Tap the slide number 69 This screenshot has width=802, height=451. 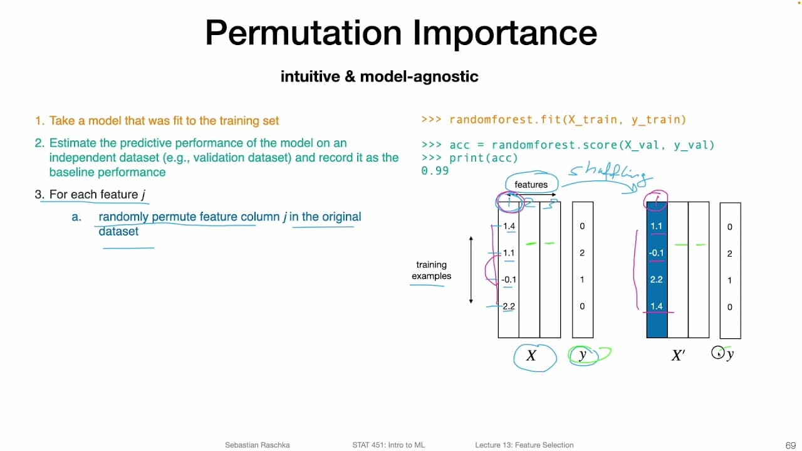789,445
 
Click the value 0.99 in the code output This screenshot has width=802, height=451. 435,170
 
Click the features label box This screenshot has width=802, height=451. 531,184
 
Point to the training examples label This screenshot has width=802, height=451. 431,271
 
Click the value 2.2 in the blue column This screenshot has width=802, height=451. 656,279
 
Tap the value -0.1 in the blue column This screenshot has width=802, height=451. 656,253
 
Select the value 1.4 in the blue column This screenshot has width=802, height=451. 656,306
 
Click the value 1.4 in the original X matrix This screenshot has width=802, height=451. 509,226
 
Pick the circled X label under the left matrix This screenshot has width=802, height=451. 531,356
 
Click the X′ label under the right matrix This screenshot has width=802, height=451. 678,356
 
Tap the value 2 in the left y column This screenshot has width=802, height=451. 582,253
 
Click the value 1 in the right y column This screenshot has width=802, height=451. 729,281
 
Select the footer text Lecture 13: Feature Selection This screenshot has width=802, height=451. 524,445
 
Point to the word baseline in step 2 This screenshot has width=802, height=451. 71,172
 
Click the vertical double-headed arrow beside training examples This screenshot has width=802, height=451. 471,271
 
